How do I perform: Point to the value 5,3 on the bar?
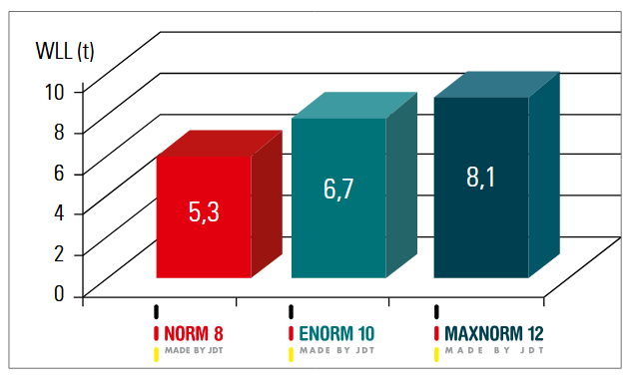point(204,211)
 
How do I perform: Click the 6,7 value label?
point(338,189)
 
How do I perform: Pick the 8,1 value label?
point(480,178)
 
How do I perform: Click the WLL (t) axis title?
point(65,51)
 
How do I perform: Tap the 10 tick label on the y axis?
point(54,92)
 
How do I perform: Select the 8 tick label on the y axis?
point(59,132)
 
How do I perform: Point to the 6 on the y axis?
point(59,173)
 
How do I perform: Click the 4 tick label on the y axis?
point(59,212)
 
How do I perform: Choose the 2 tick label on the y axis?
point(59,253)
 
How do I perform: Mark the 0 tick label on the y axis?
point(59,293)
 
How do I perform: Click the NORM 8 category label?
point(194,334)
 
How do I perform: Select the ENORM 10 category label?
point(336,334)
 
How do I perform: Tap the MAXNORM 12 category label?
point(494,334)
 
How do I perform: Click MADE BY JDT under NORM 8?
point(194,350)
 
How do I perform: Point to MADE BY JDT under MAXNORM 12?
point(494,350)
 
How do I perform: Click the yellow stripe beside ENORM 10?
point(291,354)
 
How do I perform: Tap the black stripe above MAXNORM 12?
point(436,312)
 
